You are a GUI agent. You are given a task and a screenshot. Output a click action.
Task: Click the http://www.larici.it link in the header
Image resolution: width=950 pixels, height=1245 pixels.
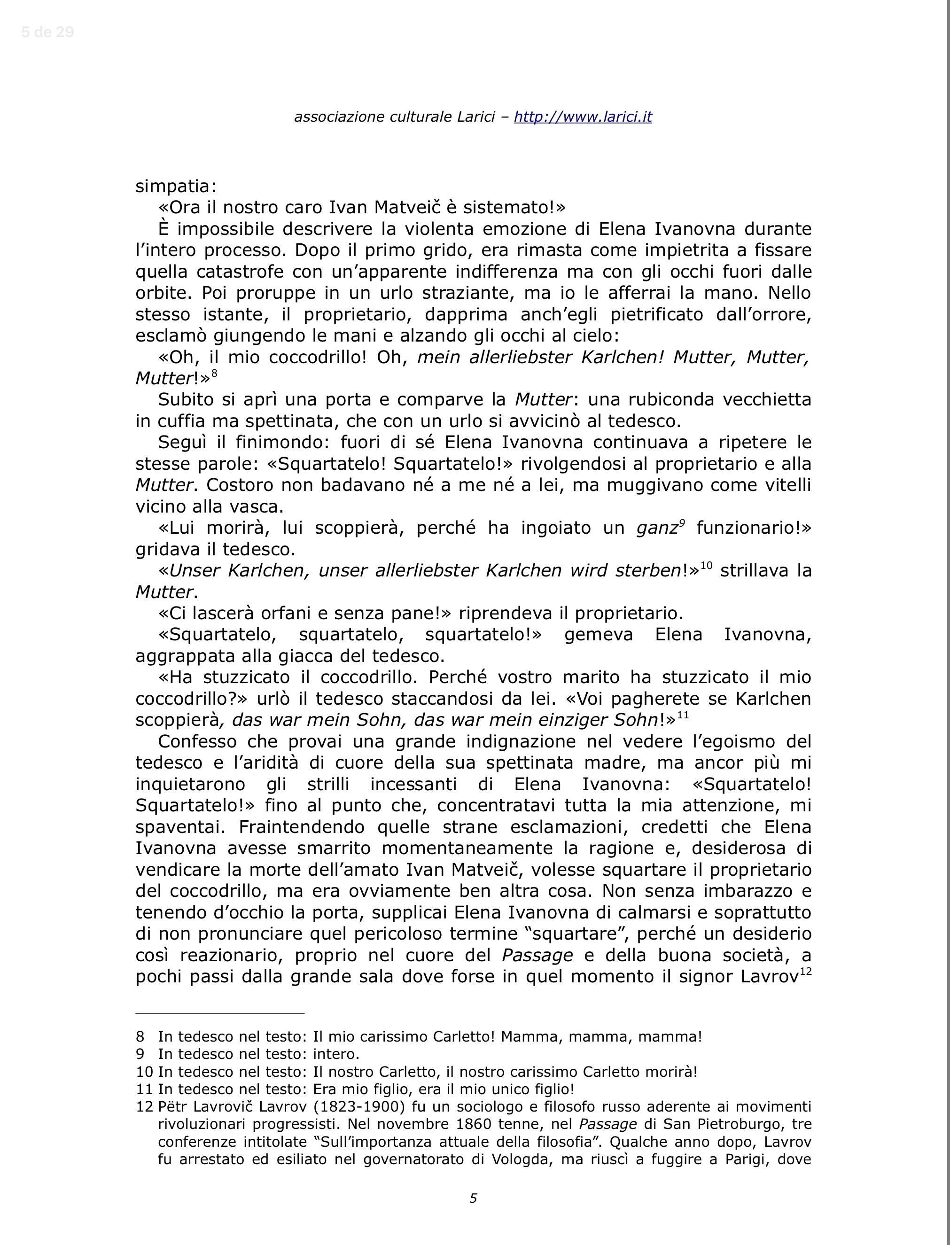583,117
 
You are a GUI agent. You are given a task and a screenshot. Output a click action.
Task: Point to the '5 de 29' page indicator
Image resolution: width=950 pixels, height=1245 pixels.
47,32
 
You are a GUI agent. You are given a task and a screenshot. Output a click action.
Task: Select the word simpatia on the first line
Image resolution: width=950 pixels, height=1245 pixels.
175,186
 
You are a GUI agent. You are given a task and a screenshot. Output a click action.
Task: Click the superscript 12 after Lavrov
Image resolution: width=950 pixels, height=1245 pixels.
806,972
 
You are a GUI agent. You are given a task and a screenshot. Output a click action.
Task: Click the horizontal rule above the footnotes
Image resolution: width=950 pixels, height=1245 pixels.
220,1013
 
